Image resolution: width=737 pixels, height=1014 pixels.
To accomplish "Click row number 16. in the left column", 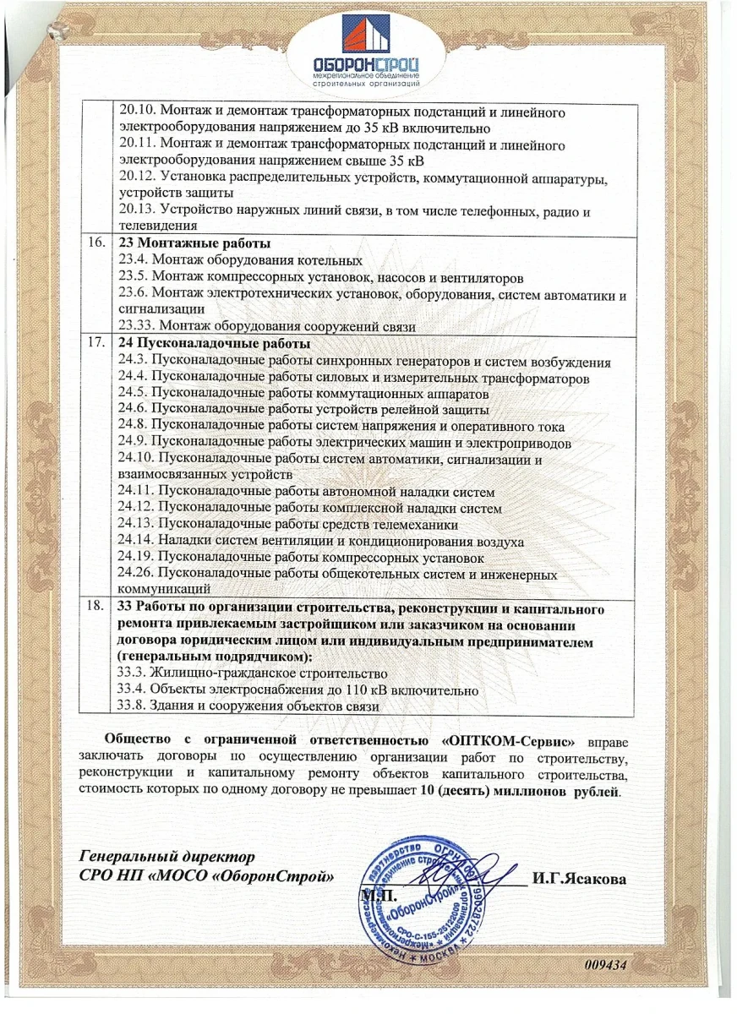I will (96, 243).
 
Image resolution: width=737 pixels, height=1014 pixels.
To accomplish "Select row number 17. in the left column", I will (96, 344).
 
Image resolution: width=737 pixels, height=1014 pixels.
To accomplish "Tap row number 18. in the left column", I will (96, 607).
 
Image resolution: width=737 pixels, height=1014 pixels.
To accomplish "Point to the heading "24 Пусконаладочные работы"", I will (215, 344).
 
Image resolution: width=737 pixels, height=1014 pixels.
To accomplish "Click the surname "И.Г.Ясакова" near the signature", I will (579, 880).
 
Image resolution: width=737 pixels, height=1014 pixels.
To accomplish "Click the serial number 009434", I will (604, 964).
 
